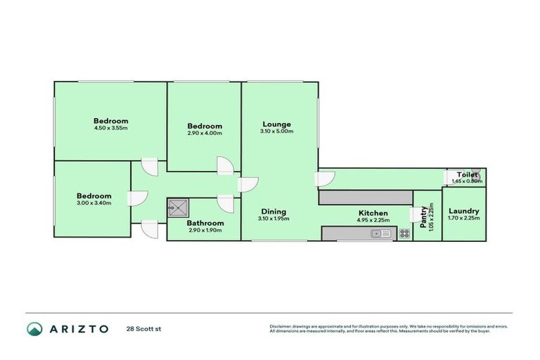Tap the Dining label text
[x=274, y=211]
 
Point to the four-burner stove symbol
[x=404, y=233]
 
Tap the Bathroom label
[x=205, y=223]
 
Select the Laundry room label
[x=463, y=211]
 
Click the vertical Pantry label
[x=423, y=214]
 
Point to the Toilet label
[x=468, y=174]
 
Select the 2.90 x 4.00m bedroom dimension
[x=205, y=133]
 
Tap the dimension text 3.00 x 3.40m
[x=94, y=203]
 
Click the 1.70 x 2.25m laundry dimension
[x=463, y=219]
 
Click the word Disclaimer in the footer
[x=282, y=326]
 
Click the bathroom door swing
[x=226, y=202]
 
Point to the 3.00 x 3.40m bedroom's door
[x=136, y=199]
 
